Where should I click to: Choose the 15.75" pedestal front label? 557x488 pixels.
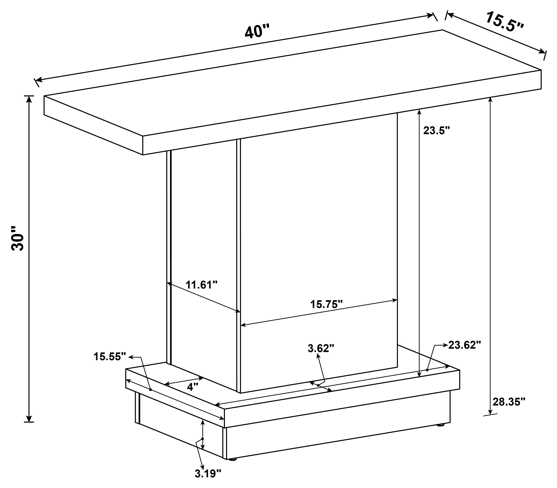[x=326, y=304]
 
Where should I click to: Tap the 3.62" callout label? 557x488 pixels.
[x=321, y=348]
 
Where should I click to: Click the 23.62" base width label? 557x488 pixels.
[x=465, y=345]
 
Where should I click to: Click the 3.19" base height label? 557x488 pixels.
[x=208, y=473]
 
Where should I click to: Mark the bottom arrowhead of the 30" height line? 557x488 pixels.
[x=29, y=418]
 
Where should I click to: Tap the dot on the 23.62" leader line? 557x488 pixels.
[x=427, y=370]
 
